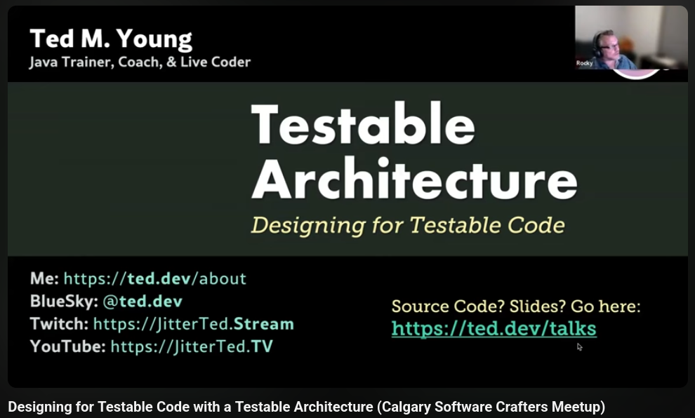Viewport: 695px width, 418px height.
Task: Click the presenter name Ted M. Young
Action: pos(111,40)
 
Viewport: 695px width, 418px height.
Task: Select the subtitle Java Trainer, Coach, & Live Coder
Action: pos(140,62)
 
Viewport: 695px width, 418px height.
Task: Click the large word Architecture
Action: pos(414,178)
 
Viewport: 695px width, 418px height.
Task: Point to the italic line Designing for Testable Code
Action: pos(408,225)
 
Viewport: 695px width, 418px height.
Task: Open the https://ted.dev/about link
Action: pos(154,278)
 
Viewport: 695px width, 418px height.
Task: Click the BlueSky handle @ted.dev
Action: pos(143,302)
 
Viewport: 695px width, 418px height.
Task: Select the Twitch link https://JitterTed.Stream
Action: pos(193,324)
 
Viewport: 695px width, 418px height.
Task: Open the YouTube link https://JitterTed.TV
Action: pos(192,346)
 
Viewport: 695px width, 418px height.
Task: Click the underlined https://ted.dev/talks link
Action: pos(494,329)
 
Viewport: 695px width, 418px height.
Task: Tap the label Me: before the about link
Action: pos(44,278)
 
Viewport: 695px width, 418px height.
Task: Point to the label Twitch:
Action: pos(60,324)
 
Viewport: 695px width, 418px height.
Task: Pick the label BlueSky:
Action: pos(65,302)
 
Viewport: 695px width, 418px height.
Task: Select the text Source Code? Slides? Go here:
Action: pos(516,306)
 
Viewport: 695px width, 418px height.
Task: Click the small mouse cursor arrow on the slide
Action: pos(579,346)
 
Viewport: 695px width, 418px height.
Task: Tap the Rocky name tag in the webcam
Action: pos(584,63)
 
